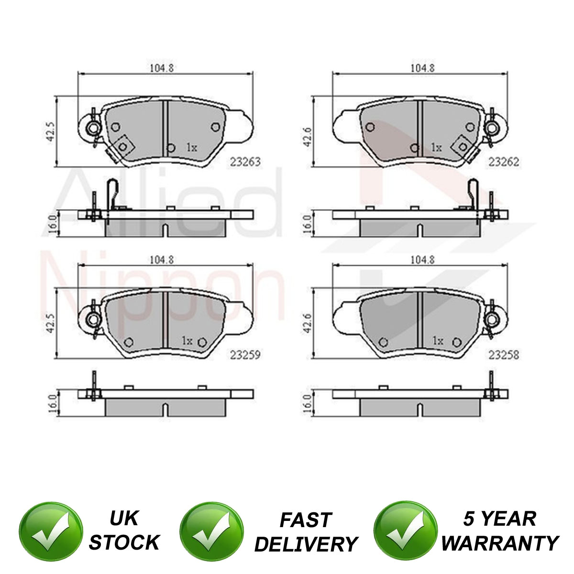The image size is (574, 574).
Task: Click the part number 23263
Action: click(x=245, y=162)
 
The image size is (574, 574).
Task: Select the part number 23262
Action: click(x=503, y=162)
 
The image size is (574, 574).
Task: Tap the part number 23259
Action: click(x=245, y=354)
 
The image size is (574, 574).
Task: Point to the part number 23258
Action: click(x=503, y=354)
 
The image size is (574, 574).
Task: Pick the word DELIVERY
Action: click(x=306, y=544)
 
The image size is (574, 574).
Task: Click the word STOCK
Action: click(x=124, y=542)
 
